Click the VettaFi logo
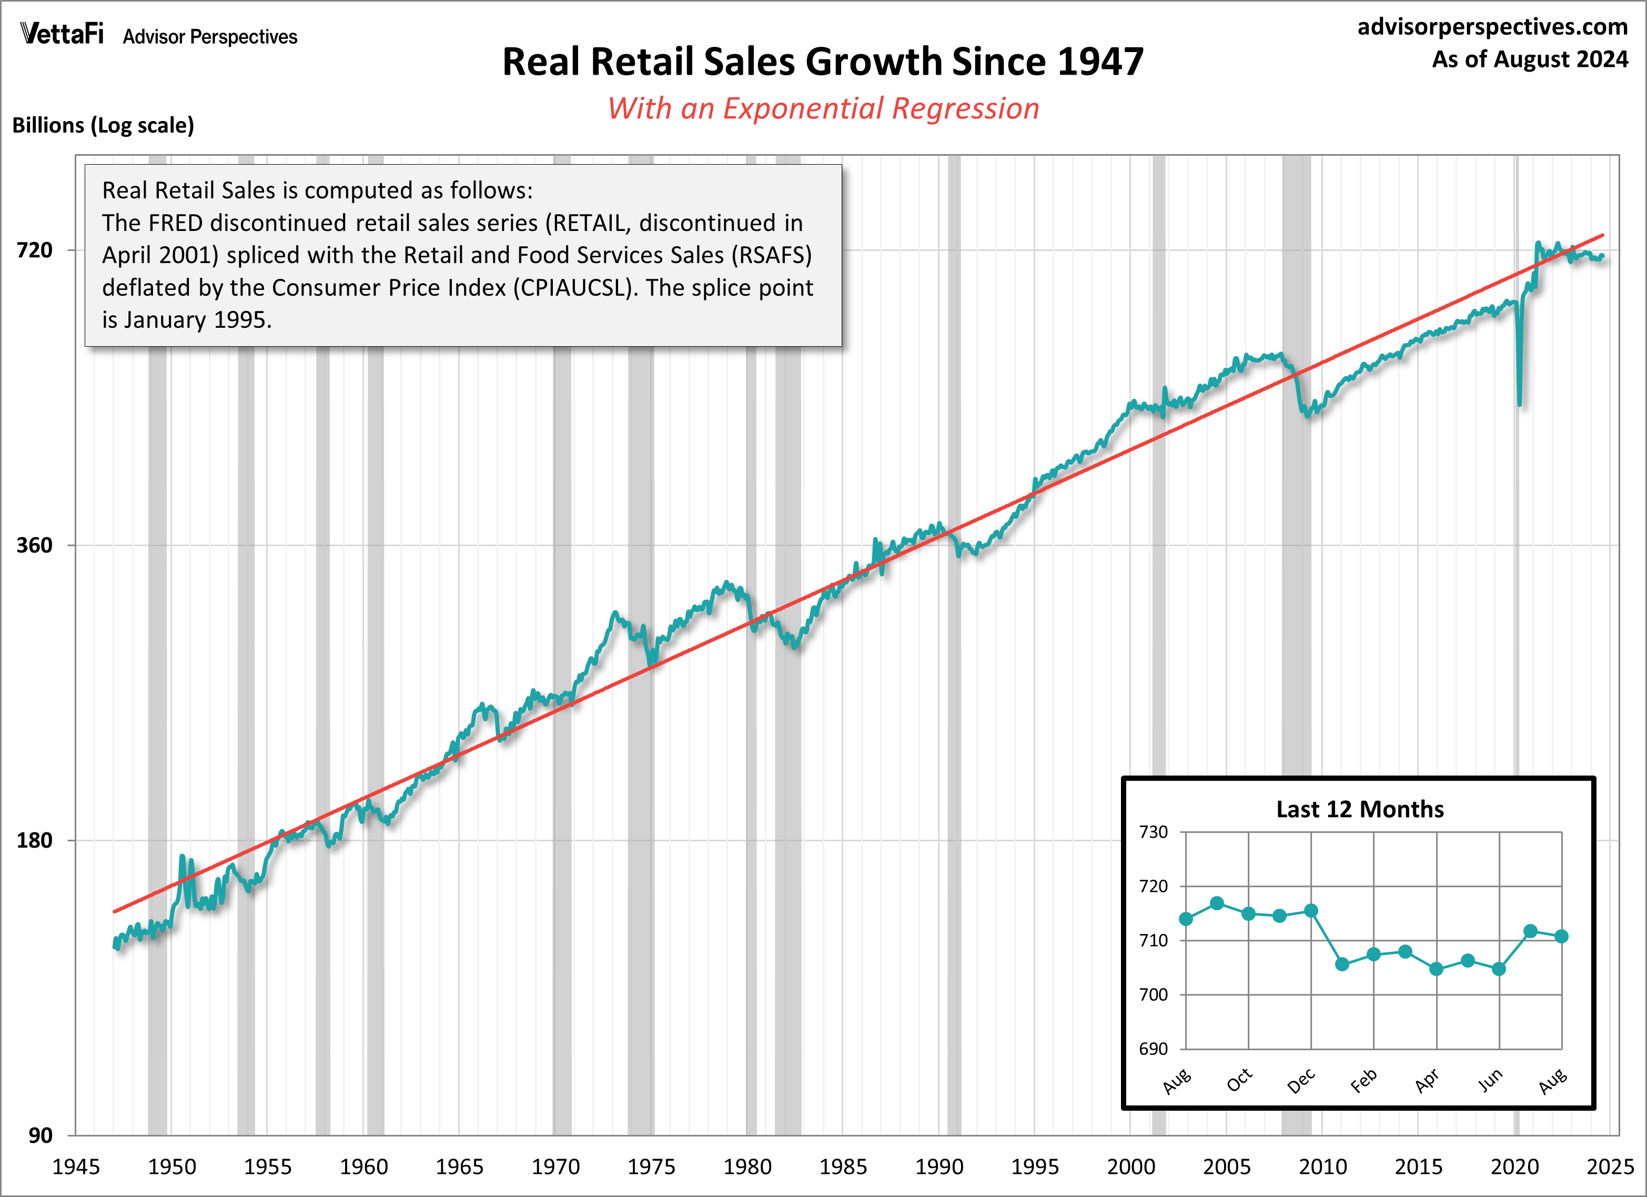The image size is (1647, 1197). [x=62, y=34]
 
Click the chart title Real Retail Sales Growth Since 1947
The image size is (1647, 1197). [x=822, y=62]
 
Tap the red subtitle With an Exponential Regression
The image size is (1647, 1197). [x=823, y=109]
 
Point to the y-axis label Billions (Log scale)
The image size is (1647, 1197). [x=103, y=126]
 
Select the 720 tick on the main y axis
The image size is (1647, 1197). [x=35, y=250]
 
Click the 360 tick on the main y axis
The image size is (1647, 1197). [x=35, y=546]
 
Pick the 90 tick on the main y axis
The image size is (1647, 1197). [x=41, y=1135]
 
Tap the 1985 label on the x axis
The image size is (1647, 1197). [x=842, y=1167]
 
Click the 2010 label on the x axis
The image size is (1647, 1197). [x=1322, y=1167]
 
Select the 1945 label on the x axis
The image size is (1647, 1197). [x=76, y=1167]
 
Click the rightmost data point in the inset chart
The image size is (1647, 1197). [x=1561, y=936]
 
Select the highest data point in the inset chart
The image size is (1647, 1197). [x=1217, y=903]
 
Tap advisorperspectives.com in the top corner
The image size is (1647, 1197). [x=1492, y=27]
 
